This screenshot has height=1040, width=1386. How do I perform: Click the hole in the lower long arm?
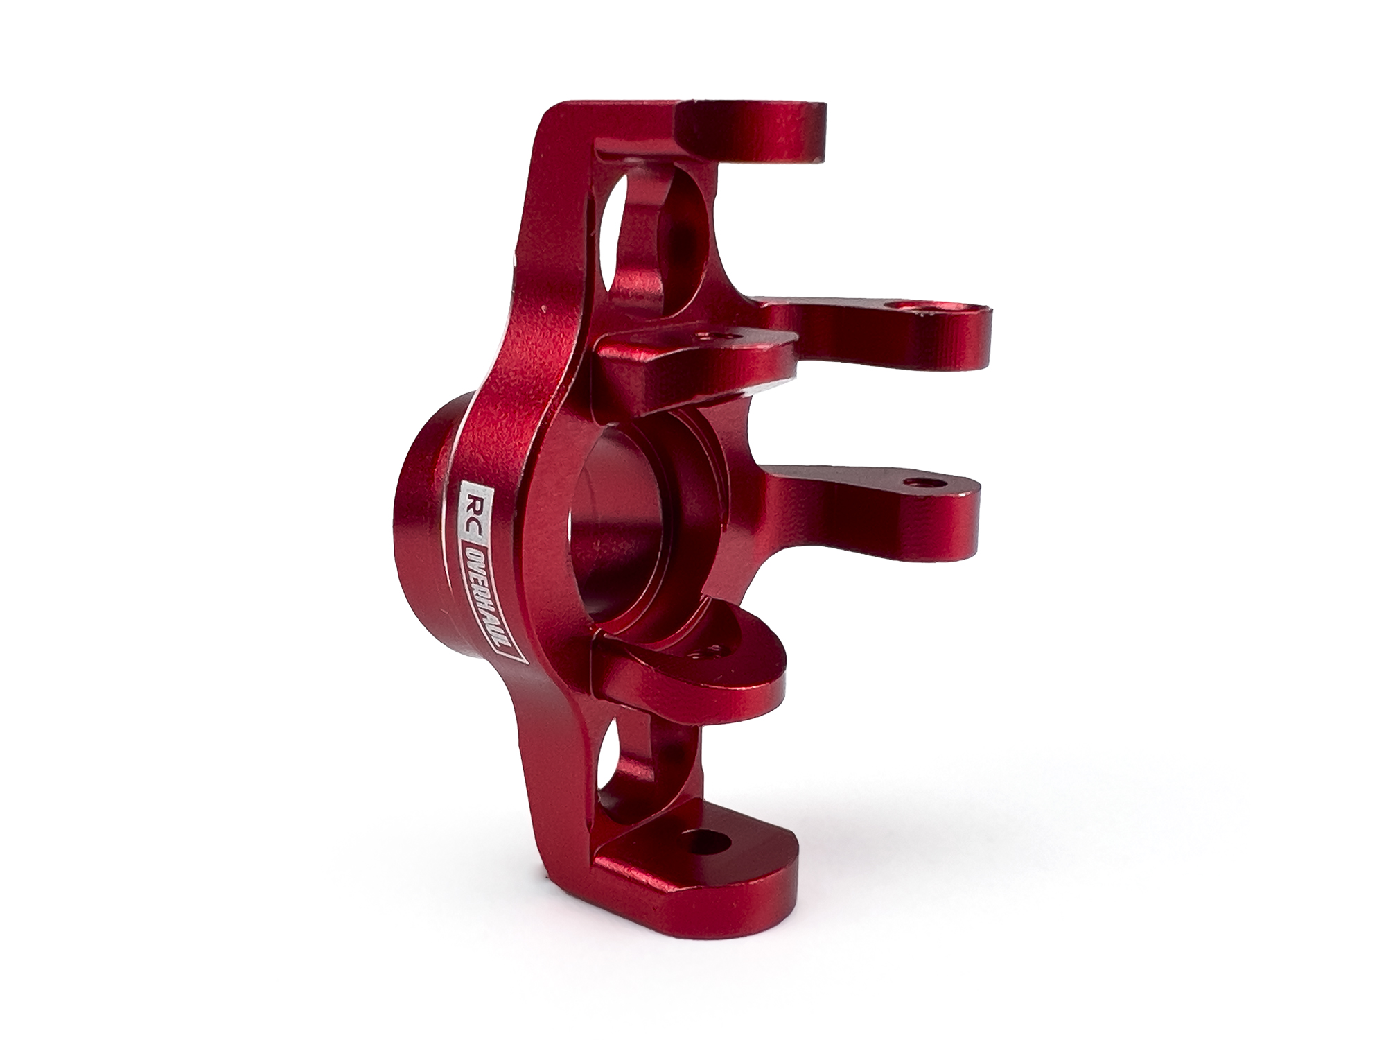920,480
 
